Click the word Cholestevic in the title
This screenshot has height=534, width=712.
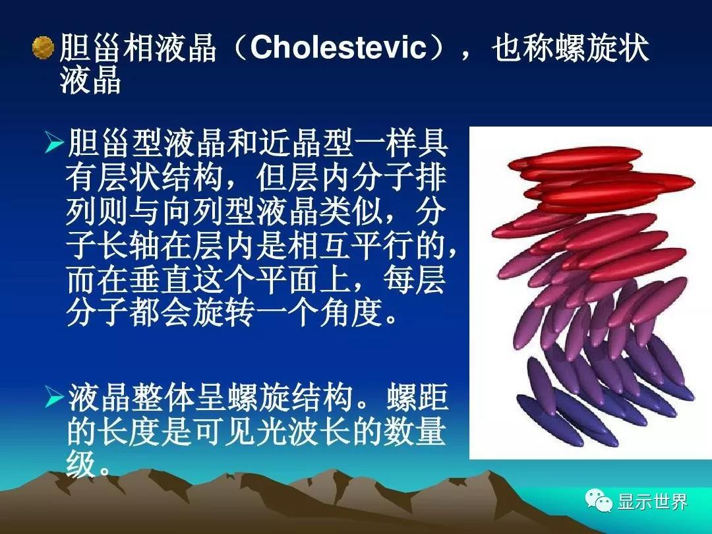tap(338, 47)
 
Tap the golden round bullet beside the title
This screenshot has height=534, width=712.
tap(44, 47)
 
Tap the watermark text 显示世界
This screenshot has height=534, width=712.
tap(652, 501)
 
